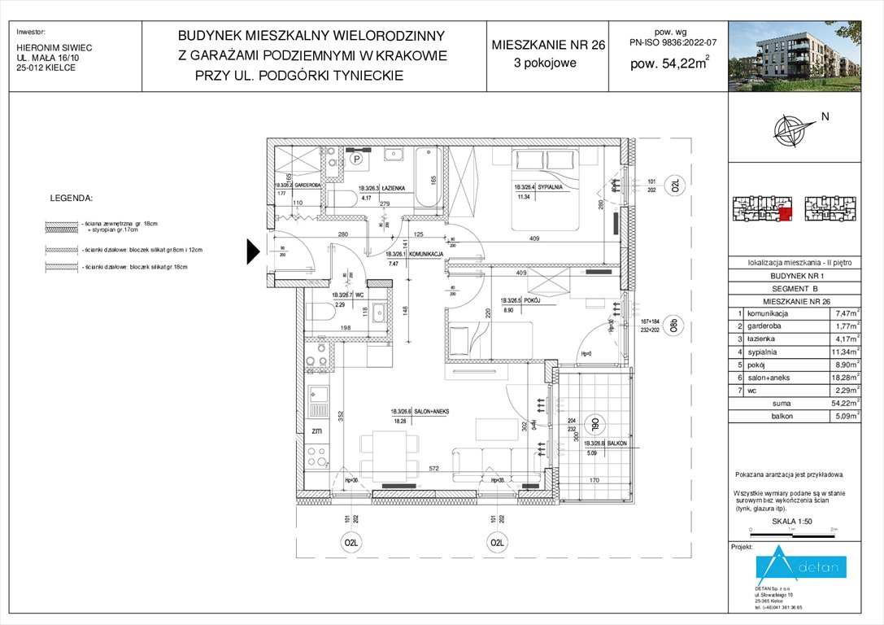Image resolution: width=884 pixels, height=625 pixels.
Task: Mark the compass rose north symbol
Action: click(x=789, y=129)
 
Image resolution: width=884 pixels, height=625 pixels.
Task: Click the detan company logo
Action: click(x=801, y=566)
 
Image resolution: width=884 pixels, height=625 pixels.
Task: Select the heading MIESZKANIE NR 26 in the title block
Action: click(x=548, y=46)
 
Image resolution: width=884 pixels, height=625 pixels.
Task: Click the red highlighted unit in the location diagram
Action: click(x=785, y=214)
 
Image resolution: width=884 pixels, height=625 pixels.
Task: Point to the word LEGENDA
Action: click(x=72, y=198)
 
